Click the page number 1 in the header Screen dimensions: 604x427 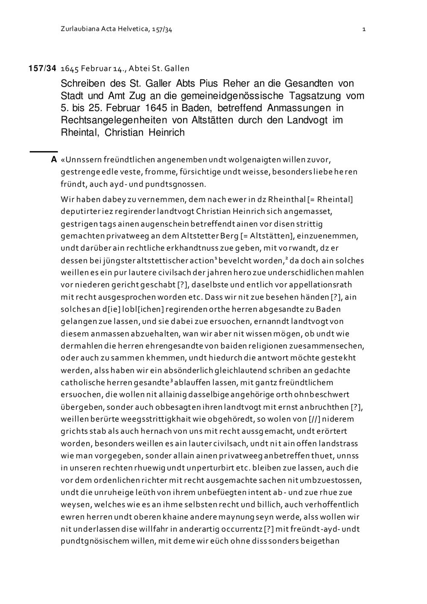click(x=363, y=29)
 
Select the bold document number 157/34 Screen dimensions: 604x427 click(x=43, y=68)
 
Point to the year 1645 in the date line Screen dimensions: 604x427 click(x=70, y=68)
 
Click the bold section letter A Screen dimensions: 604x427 click(x=53, y=160)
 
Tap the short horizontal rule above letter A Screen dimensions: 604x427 click(x=43, y=151)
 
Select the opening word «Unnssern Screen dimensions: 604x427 click(x=81, y=160)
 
